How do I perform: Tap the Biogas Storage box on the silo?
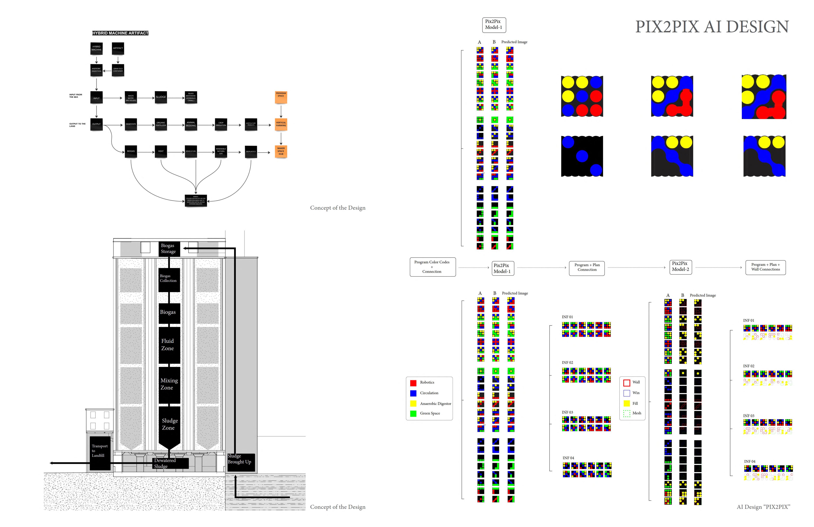click(x=168, y=248)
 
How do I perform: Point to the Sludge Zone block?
click(x=169, y=424)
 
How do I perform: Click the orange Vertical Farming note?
click(x=281, y=124)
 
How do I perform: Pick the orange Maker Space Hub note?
click(x=281, y=151)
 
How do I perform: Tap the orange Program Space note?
click(x=281, y=97)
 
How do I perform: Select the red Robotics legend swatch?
click(x=413, y=383)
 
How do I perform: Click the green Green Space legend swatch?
click(x=413, y=413)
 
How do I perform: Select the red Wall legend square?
click(x=627, y=383)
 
